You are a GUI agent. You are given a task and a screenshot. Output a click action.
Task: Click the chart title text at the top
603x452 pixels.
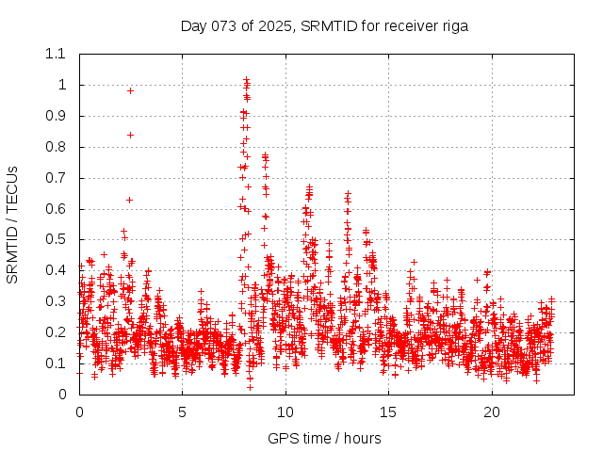[x=324, y=25]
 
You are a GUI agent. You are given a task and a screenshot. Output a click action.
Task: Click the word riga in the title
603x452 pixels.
[x=454, y=25]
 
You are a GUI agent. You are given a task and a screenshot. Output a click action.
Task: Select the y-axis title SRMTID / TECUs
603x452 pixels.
[x=12, y=224]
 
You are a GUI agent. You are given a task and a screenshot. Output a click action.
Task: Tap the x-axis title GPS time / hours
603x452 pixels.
[x=324, y=438]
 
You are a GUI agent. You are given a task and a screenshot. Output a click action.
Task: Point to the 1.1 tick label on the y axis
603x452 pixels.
[x=56, y=54]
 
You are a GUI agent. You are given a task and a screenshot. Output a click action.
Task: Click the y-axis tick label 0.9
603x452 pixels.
[x=56, y=116]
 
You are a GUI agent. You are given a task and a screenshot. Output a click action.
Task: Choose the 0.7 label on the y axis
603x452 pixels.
[x=56, y=178]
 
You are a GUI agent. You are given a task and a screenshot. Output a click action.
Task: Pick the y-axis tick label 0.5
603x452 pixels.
[x=56, y=239]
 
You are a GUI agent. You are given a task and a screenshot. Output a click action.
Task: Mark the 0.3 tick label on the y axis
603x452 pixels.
[x=56, y=301]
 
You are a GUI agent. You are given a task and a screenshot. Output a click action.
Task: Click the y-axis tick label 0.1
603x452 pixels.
[x=56, y=363]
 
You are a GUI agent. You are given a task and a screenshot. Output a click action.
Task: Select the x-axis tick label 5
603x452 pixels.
[x=182, y=412]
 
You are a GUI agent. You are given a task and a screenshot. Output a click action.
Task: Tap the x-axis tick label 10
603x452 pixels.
[x=285, y=412]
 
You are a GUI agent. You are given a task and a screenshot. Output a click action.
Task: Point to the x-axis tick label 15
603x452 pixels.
[x=388, y=412]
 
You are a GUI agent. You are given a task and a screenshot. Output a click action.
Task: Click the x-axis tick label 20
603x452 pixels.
[x=491, y=412]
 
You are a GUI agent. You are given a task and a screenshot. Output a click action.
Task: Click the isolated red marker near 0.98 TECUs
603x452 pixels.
[x=130, y=90]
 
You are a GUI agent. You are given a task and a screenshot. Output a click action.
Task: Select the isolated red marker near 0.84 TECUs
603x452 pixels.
[x=130, y=135]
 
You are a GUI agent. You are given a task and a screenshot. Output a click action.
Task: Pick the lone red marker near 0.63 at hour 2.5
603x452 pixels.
[x=129, y=200]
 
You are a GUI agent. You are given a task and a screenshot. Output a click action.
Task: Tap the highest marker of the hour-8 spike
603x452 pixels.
[x=246, y=80]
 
